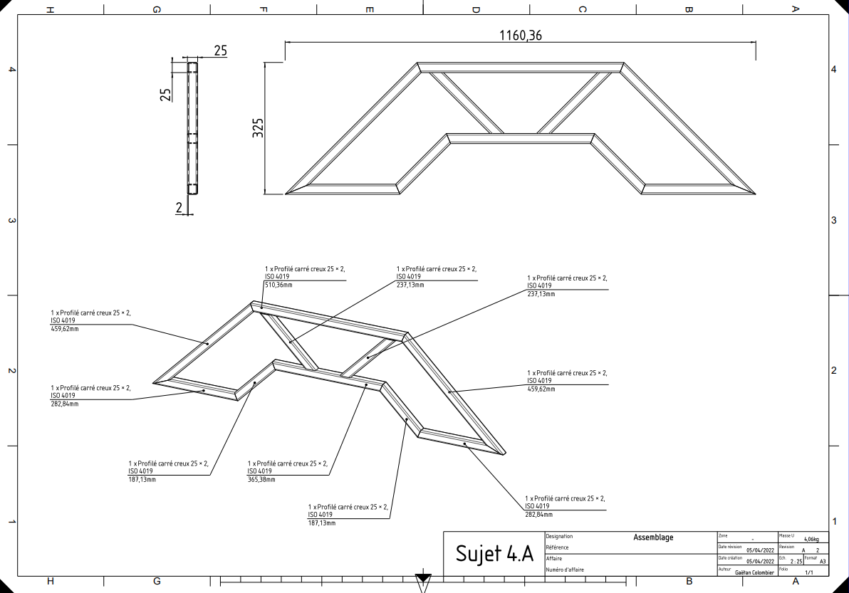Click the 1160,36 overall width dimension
point(520,36)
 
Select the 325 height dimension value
point(259,127)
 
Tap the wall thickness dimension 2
point(179,207)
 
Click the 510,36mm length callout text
point(278,285)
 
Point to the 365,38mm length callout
point(261,479)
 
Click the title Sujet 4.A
point(494,554)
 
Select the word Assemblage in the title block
point(654,537)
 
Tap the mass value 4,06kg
point(812,539)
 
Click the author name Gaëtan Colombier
point(754,572)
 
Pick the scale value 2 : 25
point(796,562)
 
